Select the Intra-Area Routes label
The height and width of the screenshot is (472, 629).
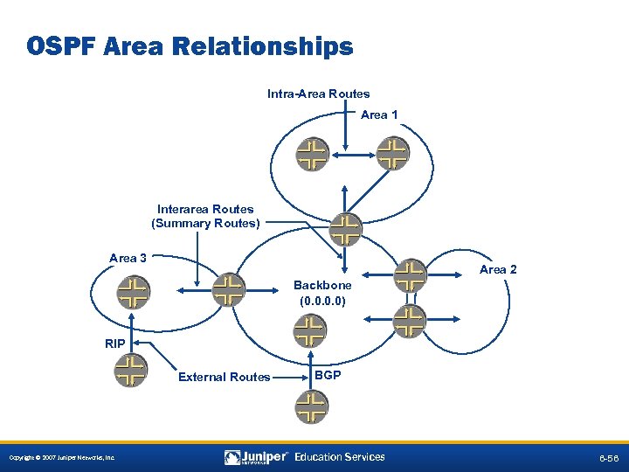[x=318, y=94]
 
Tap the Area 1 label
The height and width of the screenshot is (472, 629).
[x=379, y=115]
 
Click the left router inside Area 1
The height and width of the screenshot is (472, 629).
[x=311, y=153]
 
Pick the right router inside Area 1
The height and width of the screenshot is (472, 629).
[x=393, y=153]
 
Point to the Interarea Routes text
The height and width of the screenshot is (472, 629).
[x=205, y=209]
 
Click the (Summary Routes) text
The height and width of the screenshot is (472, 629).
[x=205, y=223]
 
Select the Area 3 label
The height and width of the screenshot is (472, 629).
[x=128, y=258]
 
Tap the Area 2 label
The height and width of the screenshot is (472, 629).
[x=498, y=269]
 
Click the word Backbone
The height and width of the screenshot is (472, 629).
[x=322, y=285]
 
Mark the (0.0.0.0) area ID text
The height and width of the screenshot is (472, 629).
[x=322, y=301]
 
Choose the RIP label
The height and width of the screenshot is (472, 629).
[x=114, y=344]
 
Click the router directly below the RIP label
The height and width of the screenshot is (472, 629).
[x=131, y=371]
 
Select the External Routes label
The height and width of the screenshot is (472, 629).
[x=224, y=377]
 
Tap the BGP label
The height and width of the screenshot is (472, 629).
[x=328, y=375]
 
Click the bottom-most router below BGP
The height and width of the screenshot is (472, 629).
[x=310, y=406]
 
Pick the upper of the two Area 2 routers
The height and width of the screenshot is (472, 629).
[x=409, y=276]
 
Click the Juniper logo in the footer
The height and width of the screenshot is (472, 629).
[x=257, y=457]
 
